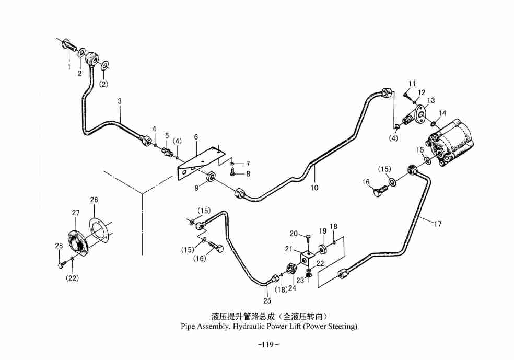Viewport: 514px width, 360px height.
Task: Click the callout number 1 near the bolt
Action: (x=68, y=67)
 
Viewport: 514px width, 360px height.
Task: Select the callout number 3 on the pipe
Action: (x=120, y=101)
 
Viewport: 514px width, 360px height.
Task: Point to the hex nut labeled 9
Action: (x=212, y=176)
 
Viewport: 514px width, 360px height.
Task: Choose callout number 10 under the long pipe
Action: (x=314, y=187)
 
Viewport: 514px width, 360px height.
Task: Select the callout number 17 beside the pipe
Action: (x=438, y=224)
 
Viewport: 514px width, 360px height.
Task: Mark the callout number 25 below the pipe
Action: (x=267, y=300)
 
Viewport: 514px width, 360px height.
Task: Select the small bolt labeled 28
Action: (x=61, y=264)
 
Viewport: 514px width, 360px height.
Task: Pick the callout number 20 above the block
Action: (x=294, y=234)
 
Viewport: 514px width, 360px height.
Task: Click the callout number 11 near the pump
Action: (x=412, y=84)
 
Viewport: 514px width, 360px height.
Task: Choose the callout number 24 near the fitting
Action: (x=293, y=288)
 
